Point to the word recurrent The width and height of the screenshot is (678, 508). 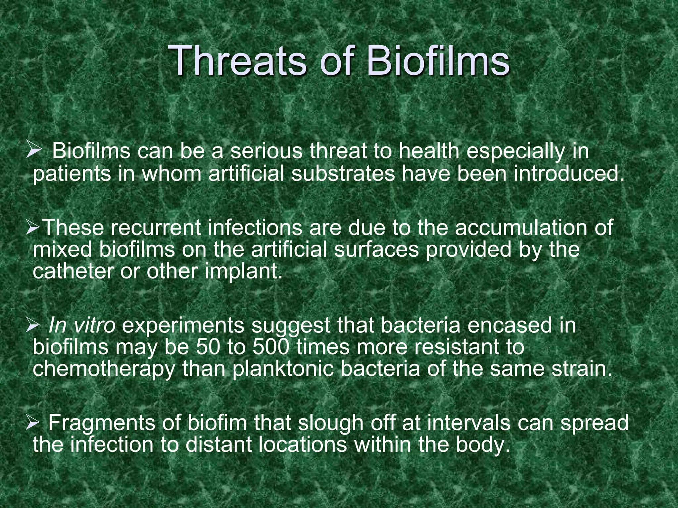pyautogui.click(x=155, y=228)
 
